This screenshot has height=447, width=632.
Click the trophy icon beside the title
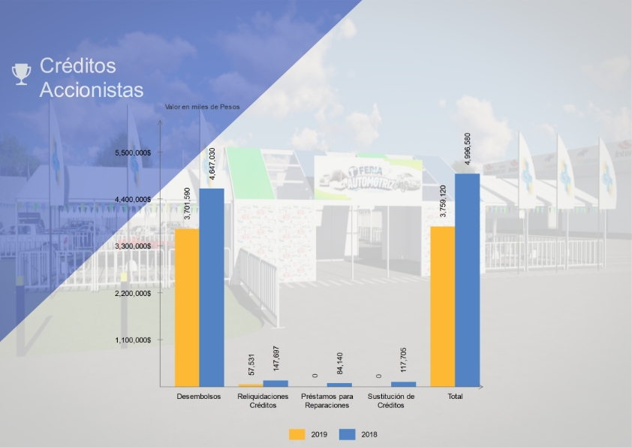21,74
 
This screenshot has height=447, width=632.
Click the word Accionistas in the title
92,89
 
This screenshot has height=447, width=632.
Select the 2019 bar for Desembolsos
187,308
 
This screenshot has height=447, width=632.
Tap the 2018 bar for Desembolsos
212,288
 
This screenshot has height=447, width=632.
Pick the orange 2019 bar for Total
443,307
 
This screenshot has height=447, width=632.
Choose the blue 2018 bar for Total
467,280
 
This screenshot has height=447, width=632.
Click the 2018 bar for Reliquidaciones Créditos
275,384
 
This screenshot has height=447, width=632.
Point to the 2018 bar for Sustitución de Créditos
404,385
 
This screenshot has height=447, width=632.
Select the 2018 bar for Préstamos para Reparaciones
339,385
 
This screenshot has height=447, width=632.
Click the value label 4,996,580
467,149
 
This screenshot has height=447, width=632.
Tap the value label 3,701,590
187,204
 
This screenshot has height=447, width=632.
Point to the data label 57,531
251,364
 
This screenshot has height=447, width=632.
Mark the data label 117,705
404,360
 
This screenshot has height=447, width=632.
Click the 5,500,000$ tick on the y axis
133,153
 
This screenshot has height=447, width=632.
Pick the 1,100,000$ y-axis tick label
133,340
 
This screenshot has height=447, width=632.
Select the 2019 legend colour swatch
297,434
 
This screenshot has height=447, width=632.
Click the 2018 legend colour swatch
348,434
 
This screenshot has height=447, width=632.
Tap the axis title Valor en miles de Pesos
203,107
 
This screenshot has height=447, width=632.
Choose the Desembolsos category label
199,397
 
